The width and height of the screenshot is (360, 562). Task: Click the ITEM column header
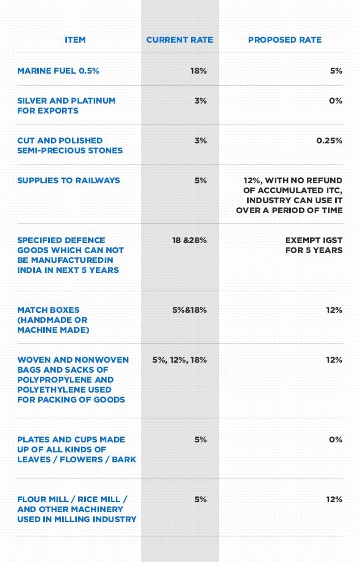[x=75, y=40]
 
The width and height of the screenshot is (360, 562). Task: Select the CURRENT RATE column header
[x=179, y=40]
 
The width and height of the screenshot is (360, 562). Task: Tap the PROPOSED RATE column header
[x=285, y=40]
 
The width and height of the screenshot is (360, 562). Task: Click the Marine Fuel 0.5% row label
[x=58, y=71]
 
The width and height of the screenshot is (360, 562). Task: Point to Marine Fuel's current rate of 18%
[x=198, y=71]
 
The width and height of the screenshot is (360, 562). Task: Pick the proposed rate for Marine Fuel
[x=336, y=71]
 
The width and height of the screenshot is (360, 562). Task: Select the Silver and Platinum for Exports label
[x=66, y=106]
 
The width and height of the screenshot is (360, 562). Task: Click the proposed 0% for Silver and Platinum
[x=336, y=101]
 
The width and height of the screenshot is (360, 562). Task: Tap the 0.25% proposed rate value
[x=330, y=141]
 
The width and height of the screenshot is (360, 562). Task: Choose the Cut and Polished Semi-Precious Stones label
[x=70, y=146]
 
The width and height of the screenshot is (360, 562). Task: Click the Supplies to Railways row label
[x=69, y=181]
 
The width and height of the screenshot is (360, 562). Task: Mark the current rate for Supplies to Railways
[x=200, y=181]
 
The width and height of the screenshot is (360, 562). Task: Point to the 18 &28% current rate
[x=189, y=240]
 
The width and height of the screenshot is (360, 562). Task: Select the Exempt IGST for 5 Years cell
[x=314, y=245]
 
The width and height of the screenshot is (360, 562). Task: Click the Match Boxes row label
[x=52, y=320]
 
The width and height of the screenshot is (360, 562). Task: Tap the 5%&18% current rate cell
[x=189, y=310]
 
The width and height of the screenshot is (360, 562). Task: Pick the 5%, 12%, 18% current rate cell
[x=179, y=360]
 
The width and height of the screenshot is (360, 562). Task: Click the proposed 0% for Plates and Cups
[x=336, y=440]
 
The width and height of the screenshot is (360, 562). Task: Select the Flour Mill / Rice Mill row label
[x=76, y=509]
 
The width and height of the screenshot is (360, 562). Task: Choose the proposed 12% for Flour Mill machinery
[x=334, y=499]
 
